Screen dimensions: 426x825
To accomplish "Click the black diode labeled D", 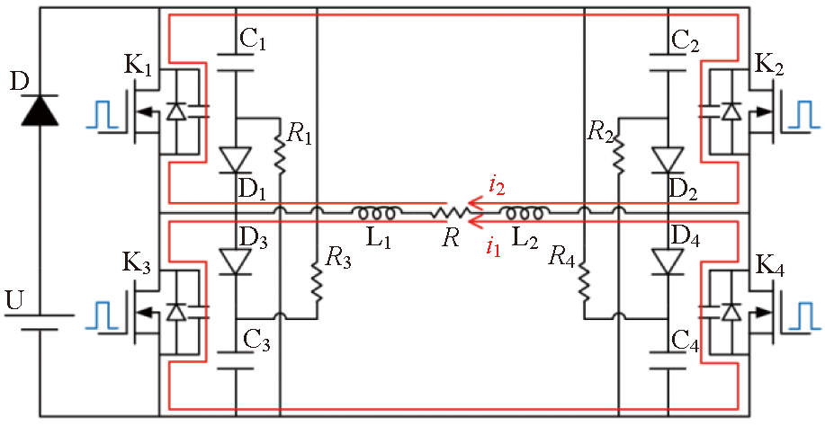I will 38,110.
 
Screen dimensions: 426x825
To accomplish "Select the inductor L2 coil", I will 522,214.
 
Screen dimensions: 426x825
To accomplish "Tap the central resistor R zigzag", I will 448,214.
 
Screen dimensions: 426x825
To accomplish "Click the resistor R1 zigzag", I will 279,155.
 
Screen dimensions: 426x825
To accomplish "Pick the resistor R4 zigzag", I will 584,280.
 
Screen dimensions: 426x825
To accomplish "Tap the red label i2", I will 497,187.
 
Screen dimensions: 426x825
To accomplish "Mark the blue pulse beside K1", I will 101,115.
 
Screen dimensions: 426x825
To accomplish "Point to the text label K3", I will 138,263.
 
